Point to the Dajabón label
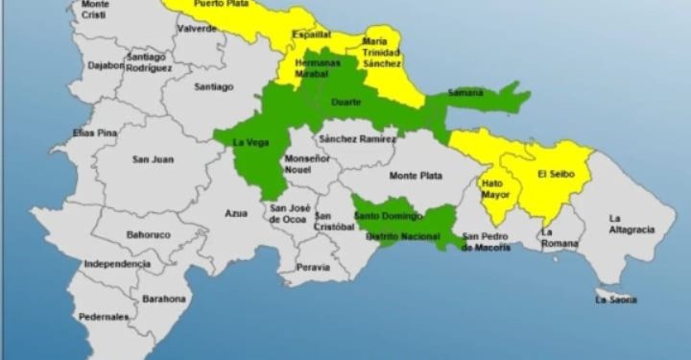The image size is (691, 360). click(x=106, y=66)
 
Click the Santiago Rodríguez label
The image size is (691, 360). click(x=147, y=62)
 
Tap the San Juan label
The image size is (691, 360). click(x=153, y=159)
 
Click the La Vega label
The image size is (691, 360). click(x=250, y=143)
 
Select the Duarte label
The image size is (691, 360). click(x=345, y=101)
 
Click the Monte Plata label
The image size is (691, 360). click(x=416, y=176)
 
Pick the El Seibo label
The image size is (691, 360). click(x=555, y=174)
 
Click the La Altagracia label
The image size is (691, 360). click(x=631, y=224)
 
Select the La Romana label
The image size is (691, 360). click(x=560, y=238)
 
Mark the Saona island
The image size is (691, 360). click(x=614, y=300)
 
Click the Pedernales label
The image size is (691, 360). click(x=104, y=316)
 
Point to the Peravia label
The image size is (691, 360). click(x=312, y=267)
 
